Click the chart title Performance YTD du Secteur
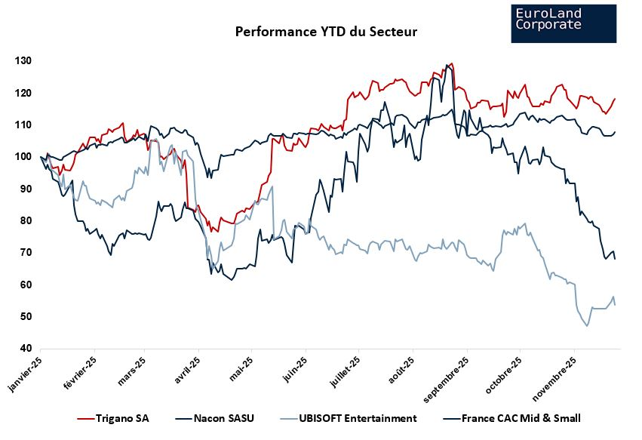pos(326,32)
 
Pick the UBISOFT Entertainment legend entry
pos(347,418)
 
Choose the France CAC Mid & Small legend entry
pos(510,418)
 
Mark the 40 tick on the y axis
pos(25,349)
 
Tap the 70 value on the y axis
pos(25,253)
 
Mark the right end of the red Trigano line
pos(615,99)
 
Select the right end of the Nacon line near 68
pos(615,259)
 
